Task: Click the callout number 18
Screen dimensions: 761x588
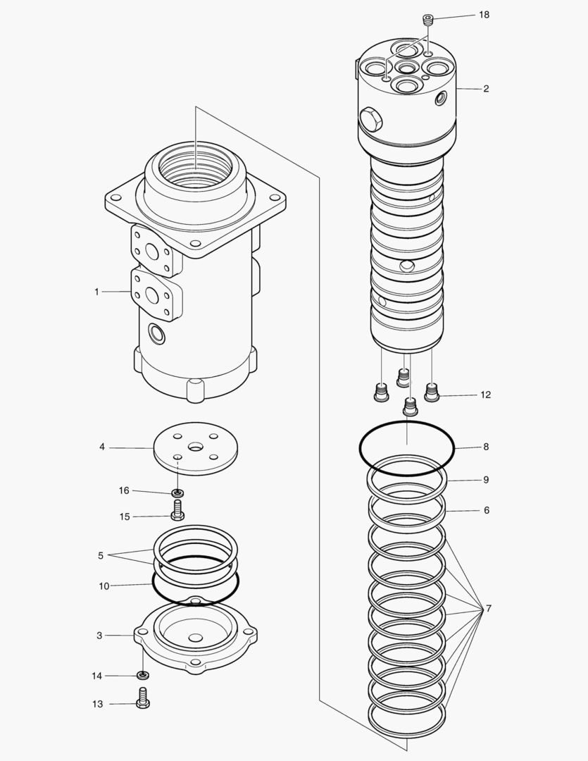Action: coord(484,15)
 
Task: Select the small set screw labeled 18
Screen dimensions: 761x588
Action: coord(427,19)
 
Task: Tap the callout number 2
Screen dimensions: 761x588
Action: coord(486,89)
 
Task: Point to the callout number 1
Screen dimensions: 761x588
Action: coord(97,292)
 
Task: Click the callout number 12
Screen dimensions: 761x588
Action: coord(485,395)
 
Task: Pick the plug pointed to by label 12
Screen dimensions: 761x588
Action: coord(431,391)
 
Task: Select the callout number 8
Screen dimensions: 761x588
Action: coord(485,447)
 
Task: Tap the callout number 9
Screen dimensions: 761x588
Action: coord(485,480)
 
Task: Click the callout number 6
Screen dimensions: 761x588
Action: coord(485,510)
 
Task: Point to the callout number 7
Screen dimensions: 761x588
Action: coord(485,608)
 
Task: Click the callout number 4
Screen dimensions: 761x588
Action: coord(102,447)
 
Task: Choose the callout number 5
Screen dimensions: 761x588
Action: coord(101,555)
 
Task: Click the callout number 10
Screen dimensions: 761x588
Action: coord(104,586)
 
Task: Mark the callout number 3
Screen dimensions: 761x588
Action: coord(99,636)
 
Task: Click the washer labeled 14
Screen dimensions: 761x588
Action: coord(143,676)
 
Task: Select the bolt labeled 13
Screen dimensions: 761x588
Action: coord(143,702)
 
